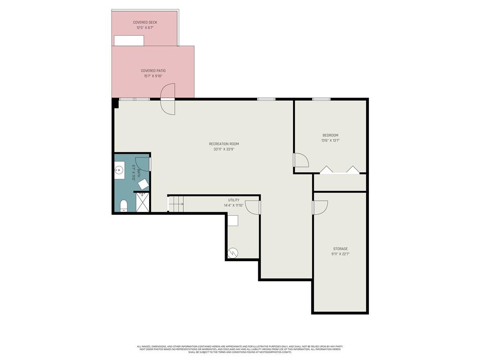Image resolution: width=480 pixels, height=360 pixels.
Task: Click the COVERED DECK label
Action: [x=144, y=22]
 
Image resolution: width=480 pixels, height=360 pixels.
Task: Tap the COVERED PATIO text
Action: [x=153, y=71]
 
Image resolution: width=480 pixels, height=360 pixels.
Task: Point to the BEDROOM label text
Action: [x=330, y=135]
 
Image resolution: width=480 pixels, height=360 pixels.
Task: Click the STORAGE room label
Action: [x=340, y=249]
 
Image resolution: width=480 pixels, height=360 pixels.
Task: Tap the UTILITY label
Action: [x=233, y=200]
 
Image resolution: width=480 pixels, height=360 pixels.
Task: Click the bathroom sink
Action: [x=120, y=171]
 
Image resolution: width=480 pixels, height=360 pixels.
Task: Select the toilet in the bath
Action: [x=124, y=205]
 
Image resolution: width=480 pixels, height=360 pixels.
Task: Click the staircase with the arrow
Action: [x=176, y=203]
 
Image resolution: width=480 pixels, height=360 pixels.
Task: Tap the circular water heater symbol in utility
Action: [x=232, y=253]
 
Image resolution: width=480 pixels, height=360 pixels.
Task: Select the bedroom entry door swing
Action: [x=301, y=160]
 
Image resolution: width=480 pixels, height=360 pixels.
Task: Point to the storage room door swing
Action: [x=320, y=207]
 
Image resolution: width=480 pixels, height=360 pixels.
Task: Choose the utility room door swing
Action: [x=253, y=207]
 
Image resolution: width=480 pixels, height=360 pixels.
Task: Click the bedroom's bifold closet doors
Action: [x=340, y=170]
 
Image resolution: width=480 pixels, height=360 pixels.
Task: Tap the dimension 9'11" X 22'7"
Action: [x=340, y=254]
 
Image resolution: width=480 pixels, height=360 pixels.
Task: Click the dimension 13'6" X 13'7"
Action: [x=330, y=140]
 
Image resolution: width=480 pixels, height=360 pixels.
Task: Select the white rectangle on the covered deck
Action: [x=129, y=40]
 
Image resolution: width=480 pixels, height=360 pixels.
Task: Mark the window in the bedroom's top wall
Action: [x=321, y=99]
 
